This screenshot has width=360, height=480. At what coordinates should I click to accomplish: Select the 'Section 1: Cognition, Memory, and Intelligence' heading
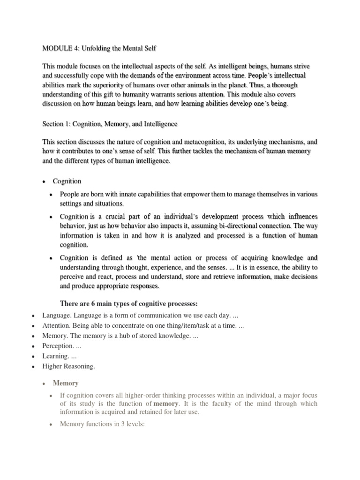110,124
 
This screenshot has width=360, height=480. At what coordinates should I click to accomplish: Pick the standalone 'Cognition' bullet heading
67,181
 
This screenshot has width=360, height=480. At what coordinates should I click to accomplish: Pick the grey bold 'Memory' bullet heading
66,383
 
